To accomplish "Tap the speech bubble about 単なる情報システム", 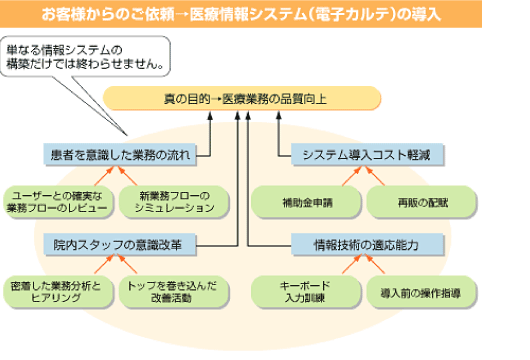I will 90,58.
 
